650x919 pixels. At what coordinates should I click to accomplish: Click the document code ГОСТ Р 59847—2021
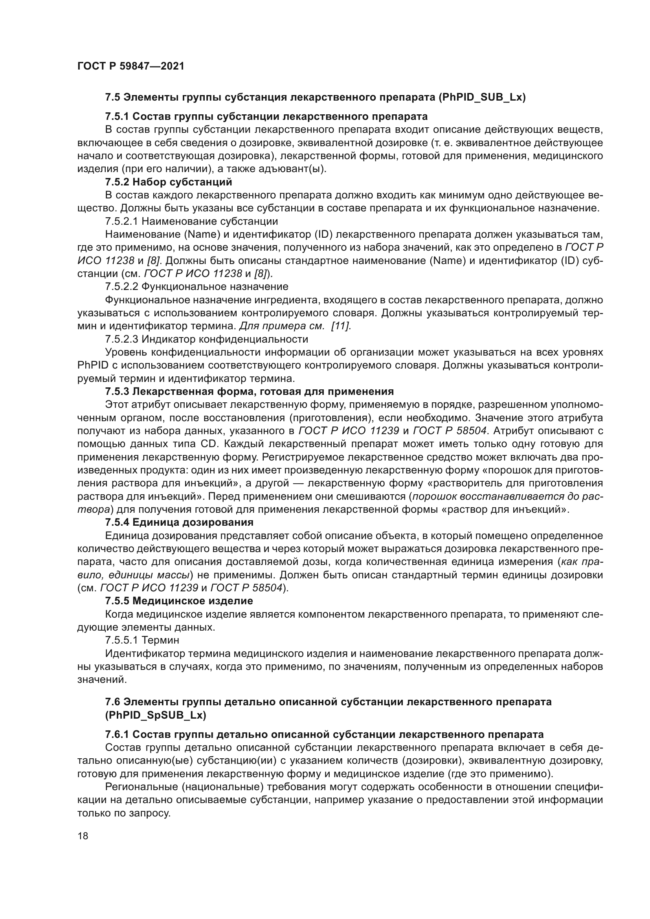pyautogui.click(x=130, y=66)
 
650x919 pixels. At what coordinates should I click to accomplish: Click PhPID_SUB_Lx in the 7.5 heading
pyautogui.click(x=482, y=97)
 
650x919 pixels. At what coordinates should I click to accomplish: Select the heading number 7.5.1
pyautogui.click(x=117, y=116)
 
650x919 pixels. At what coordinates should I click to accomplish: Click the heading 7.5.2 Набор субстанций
pyautogui.click(x=169, y=182)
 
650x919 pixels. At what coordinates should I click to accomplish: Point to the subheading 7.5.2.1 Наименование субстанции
pyautogui.click(x=191, y=221)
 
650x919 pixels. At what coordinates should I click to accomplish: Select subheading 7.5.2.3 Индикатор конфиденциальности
pyautogui.click(x=207, y=339)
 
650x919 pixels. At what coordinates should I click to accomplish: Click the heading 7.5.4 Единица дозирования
pyautogui.click(x=179, y=522)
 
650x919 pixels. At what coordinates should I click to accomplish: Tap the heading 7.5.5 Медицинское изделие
pyautogui.click(x=179, y=601)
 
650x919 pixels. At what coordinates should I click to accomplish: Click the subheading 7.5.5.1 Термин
pyautogui.click(x=142, y=640)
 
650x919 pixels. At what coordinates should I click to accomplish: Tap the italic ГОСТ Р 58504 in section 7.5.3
pyautogui.click(x=450, y=431)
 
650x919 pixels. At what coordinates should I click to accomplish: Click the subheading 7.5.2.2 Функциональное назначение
pyautogui.click(x=196, y=286)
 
